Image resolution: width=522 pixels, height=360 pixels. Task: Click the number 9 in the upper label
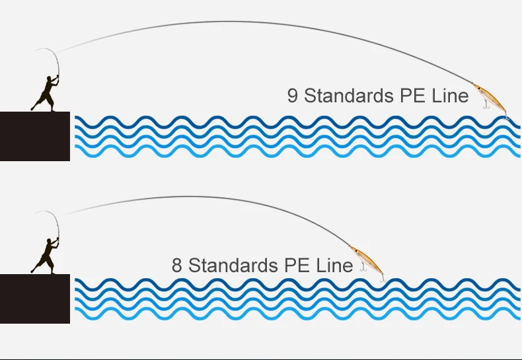(292, 96)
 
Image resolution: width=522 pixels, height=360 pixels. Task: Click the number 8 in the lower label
(177, 266)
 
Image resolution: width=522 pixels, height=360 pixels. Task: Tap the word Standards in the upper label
(348, 96)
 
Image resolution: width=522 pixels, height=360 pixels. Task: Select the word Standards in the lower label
(233, 266)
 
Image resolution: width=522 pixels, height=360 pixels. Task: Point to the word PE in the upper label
(413, 96)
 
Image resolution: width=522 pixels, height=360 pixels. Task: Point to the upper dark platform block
(34, 136)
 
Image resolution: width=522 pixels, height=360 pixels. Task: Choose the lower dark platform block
(34, 299)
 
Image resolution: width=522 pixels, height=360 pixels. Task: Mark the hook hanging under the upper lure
(486, 104)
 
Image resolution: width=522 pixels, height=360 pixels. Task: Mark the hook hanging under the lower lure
(363, 268)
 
